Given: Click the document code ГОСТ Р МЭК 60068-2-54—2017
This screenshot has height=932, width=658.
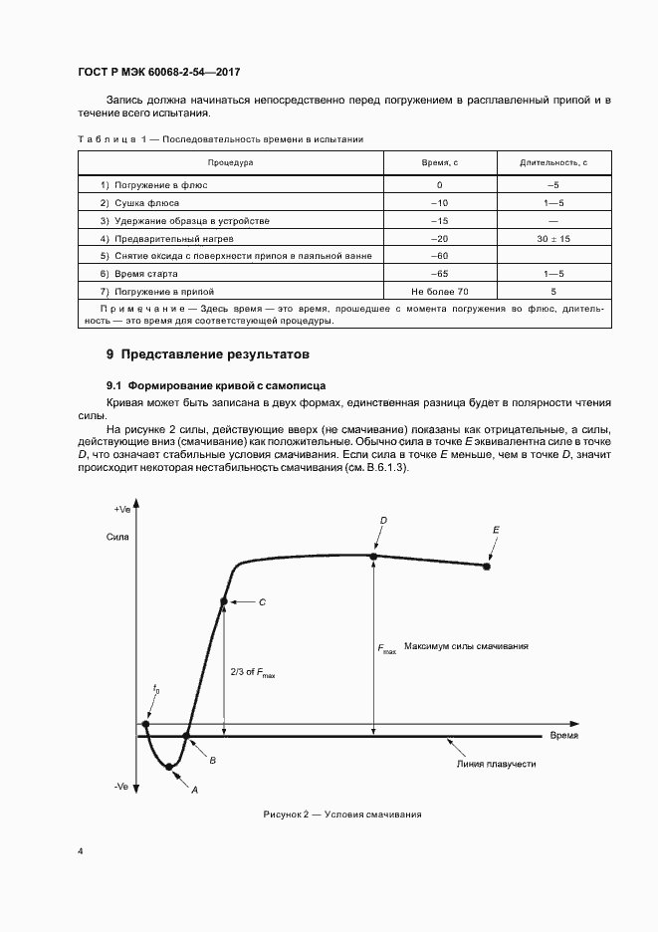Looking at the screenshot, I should coord(158,73).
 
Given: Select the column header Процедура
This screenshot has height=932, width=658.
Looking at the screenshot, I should coord(230,162).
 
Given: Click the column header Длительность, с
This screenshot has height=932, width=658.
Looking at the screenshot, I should coord(552,162).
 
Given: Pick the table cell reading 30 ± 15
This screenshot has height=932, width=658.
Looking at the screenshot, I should coord(552,239).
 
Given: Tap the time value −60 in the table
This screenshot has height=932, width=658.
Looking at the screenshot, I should coord(439,256).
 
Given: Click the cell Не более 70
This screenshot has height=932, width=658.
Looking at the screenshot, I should coord(439,291).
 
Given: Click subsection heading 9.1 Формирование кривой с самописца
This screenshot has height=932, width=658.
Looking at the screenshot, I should coord(217,384).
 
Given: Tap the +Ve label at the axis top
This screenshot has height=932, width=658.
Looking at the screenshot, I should coord(122,509).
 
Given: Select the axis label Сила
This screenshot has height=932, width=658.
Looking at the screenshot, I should coord(117,537).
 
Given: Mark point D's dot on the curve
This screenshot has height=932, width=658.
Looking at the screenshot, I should coord(374,556).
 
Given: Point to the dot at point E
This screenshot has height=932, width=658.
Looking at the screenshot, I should coord(487,567).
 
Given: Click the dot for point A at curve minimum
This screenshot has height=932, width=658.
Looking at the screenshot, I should coord(169,767).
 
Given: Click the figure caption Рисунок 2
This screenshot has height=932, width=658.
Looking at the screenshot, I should coord(342,815).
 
